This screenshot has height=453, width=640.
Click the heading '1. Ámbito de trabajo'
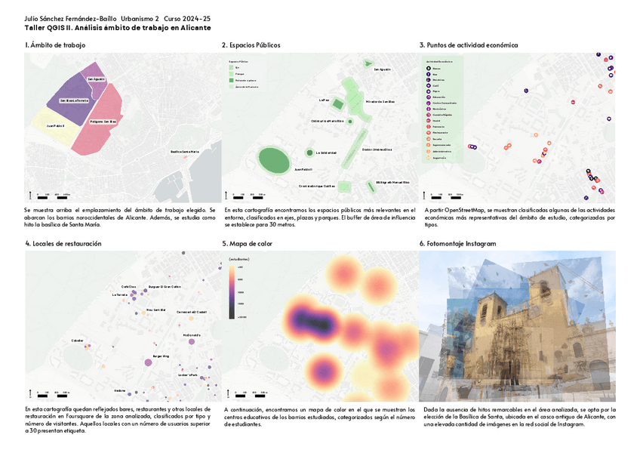coord(55,45)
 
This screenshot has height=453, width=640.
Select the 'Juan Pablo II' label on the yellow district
coord(55,126)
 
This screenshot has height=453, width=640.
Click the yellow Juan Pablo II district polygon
coord(53,132)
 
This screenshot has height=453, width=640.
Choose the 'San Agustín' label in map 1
coord(96,79)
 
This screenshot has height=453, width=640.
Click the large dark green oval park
coord(273,159)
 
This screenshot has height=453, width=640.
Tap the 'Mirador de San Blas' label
coord(380,101)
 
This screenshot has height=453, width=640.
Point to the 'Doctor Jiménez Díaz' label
coord(377,149)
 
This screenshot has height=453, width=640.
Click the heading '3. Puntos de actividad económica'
coord(469,45)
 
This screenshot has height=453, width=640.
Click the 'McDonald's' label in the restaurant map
coord(192,334)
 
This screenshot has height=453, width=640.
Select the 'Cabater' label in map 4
coord(77,341)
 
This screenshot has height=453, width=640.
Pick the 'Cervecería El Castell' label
coord(191,312)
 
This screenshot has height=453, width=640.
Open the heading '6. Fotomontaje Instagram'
coord(458,244)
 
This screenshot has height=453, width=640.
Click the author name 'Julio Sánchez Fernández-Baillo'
coord(70,17)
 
